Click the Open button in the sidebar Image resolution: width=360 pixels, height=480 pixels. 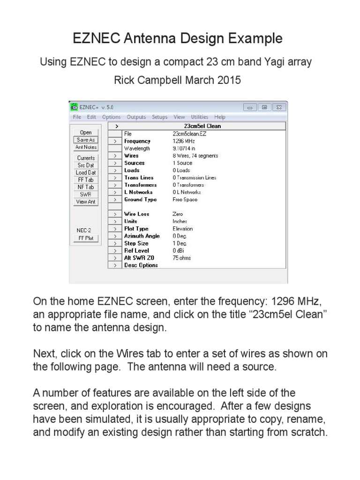(86, 133)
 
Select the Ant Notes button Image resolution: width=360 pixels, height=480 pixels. (86, 147)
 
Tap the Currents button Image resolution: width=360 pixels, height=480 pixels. (86, 158)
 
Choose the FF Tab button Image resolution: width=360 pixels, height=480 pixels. (86, 180)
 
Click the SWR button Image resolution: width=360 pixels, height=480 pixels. (86, 194)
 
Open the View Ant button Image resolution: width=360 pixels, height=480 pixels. (86, 202)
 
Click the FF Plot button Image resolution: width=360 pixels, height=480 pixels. (86, 238)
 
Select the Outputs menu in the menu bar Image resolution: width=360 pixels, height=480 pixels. (136, 117)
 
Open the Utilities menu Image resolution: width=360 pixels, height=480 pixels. (200, 117)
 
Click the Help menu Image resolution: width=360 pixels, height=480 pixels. (220, 117)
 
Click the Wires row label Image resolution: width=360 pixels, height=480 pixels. (131, 156)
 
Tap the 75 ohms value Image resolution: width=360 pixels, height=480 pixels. (182, 258)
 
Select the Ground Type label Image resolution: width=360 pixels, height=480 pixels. (140, 200)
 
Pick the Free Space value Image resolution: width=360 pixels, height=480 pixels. (185, 200)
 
